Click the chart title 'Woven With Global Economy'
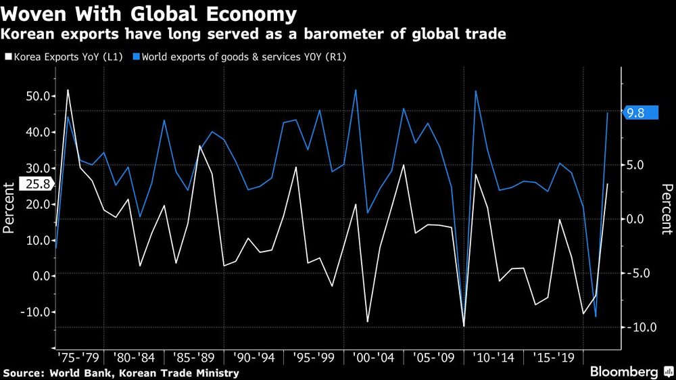[x=149, y=14]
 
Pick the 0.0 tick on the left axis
[x=38, y=276]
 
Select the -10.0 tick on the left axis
[x=33, y=312]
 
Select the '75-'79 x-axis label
[x=79, y=356]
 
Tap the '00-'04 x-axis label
[x=373, y=356]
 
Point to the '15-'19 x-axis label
[x=550, y=356]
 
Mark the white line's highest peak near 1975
[x=68, y=89]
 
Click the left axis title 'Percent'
[x=9, y=208]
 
